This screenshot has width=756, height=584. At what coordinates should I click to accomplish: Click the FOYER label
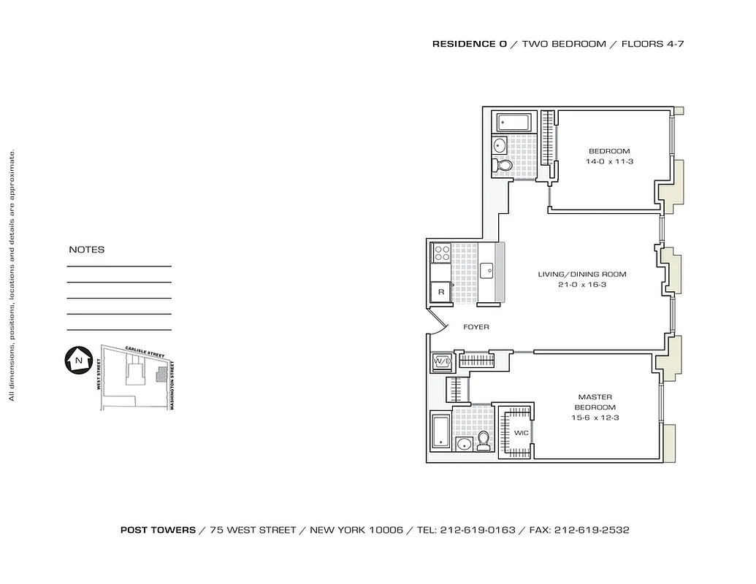pos(476,327)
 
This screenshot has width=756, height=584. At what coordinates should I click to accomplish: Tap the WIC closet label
pos(520,433)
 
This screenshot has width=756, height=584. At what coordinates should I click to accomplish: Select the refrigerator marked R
pos(440,292)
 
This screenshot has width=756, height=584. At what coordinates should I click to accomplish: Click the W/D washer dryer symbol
pos(441,362)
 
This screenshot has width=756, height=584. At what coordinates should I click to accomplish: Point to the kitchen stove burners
pos(441,253)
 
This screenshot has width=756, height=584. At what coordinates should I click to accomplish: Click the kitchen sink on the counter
pos(487,267)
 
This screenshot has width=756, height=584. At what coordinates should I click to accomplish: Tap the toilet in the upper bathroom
pos(503,166)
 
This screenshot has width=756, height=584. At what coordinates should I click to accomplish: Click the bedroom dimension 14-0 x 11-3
pos(609,161)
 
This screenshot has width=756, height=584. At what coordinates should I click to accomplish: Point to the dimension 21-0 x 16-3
pos(582,285)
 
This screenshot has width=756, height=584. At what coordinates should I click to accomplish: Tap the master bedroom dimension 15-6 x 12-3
pos(595,418)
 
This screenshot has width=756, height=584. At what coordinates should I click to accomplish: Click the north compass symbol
pos(77,360)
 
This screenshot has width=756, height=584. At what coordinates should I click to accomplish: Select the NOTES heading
pos(86,250)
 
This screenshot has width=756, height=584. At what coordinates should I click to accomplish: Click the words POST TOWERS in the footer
pos(158,531)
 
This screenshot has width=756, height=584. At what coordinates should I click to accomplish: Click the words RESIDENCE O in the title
pos(469,44)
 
